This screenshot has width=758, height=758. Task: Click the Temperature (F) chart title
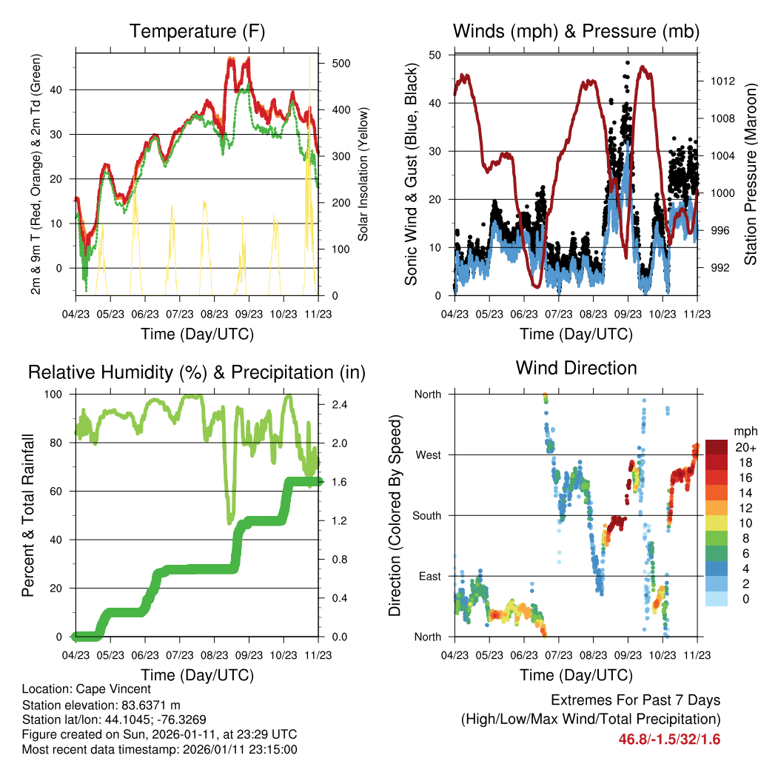197,32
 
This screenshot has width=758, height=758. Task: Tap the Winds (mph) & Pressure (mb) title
576,32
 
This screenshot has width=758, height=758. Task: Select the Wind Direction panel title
576,368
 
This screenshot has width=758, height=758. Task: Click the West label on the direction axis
428,455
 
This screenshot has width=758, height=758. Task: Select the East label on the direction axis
429,576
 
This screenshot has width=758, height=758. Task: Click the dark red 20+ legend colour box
717,447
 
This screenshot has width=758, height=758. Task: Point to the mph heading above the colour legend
744,431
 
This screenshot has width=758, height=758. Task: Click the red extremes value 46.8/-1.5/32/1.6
669,739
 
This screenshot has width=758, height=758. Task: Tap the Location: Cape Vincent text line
87,689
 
